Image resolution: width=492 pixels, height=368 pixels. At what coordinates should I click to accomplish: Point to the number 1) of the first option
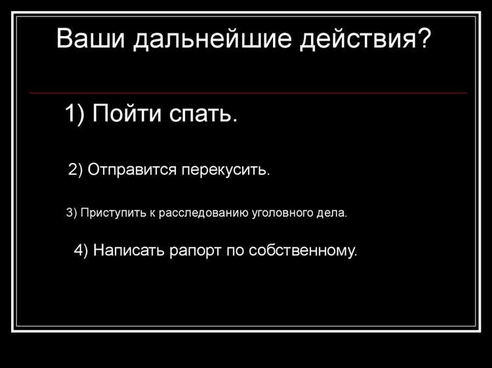(75, 115)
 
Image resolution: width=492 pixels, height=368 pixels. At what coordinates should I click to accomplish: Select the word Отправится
(132, 171)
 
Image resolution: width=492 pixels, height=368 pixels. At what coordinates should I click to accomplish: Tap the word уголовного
(283, 214)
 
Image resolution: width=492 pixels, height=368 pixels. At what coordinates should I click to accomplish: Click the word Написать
(129, 251)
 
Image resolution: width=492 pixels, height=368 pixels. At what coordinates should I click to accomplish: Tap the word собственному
(304, 251)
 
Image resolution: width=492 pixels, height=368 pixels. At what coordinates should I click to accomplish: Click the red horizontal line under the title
(248, 93)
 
